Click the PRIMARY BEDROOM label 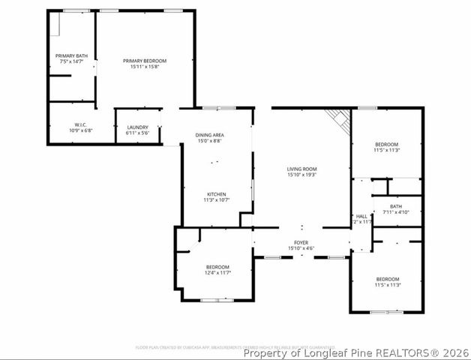[145, 61]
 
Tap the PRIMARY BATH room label [71, 55]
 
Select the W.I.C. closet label [81, 124]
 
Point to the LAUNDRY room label [137, 127]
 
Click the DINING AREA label [210, 135]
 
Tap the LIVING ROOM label [301, 169]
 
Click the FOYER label [301, 242]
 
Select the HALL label [361, 215]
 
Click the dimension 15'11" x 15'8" [145, 67]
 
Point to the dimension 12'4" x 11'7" [217, 273]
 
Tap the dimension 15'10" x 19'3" [301, 175]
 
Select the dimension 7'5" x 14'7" [71, 61]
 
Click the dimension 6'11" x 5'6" [137, 133]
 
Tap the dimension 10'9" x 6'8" [81, 130]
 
